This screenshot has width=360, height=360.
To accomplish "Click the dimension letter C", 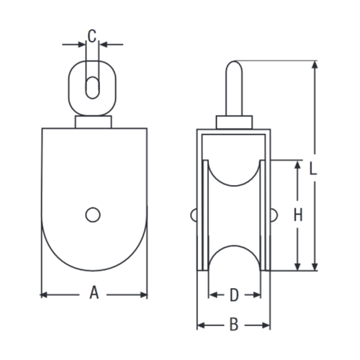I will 91,34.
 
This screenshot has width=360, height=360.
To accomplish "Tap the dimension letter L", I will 312,169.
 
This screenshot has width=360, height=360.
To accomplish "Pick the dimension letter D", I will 233,294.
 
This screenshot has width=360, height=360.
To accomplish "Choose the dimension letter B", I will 233,325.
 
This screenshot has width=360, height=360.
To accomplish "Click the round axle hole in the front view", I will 92,214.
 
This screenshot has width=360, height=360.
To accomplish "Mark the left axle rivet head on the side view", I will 194,214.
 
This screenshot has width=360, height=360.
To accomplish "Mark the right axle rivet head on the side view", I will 274,214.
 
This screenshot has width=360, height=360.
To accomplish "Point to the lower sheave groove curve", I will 233,253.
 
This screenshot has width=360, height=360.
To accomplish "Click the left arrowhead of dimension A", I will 43,294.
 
